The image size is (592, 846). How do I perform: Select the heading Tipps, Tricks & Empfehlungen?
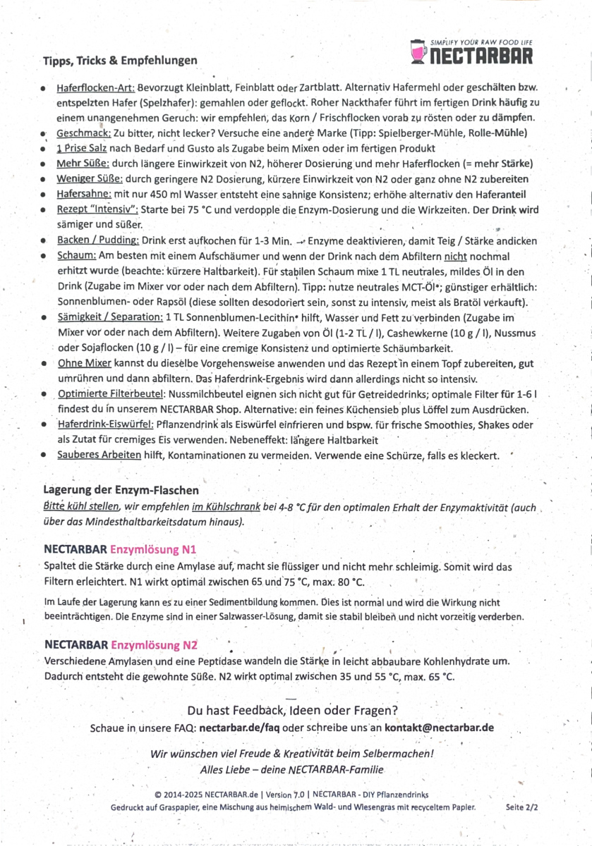pos(120,61)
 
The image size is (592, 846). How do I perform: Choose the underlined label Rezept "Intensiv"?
pos(97,209)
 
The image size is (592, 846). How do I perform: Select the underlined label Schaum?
pos(75,256)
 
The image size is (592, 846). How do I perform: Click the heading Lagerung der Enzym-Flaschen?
pos(121,489)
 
